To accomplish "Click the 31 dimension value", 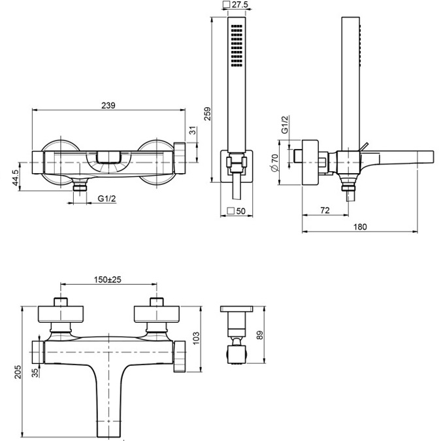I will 193,131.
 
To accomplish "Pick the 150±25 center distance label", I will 108,279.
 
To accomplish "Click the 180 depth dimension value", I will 359,227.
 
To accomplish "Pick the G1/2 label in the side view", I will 285,125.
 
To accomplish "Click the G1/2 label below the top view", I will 106,199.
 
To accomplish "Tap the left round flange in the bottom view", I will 61,314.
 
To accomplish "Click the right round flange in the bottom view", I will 156,314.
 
